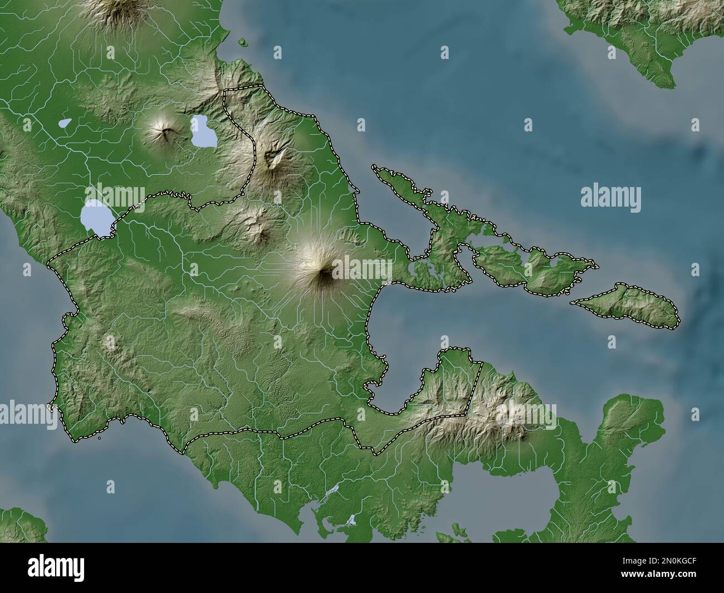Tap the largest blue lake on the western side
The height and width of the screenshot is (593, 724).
[96, 218]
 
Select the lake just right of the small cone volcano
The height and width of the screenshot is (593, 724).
[203, 132]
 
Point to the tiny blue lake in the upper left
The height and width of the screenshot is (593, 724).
[65, 122]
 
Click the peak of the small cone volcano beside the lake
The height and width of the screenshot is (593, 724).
[165, 133]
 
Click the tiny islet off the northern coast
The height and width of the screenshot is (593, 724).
[243, 41]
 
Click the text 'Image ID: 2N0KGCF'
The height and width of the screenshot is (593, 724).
[663, 562]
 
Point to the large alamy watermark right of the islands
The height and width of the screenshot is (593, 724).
[610, 197]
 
